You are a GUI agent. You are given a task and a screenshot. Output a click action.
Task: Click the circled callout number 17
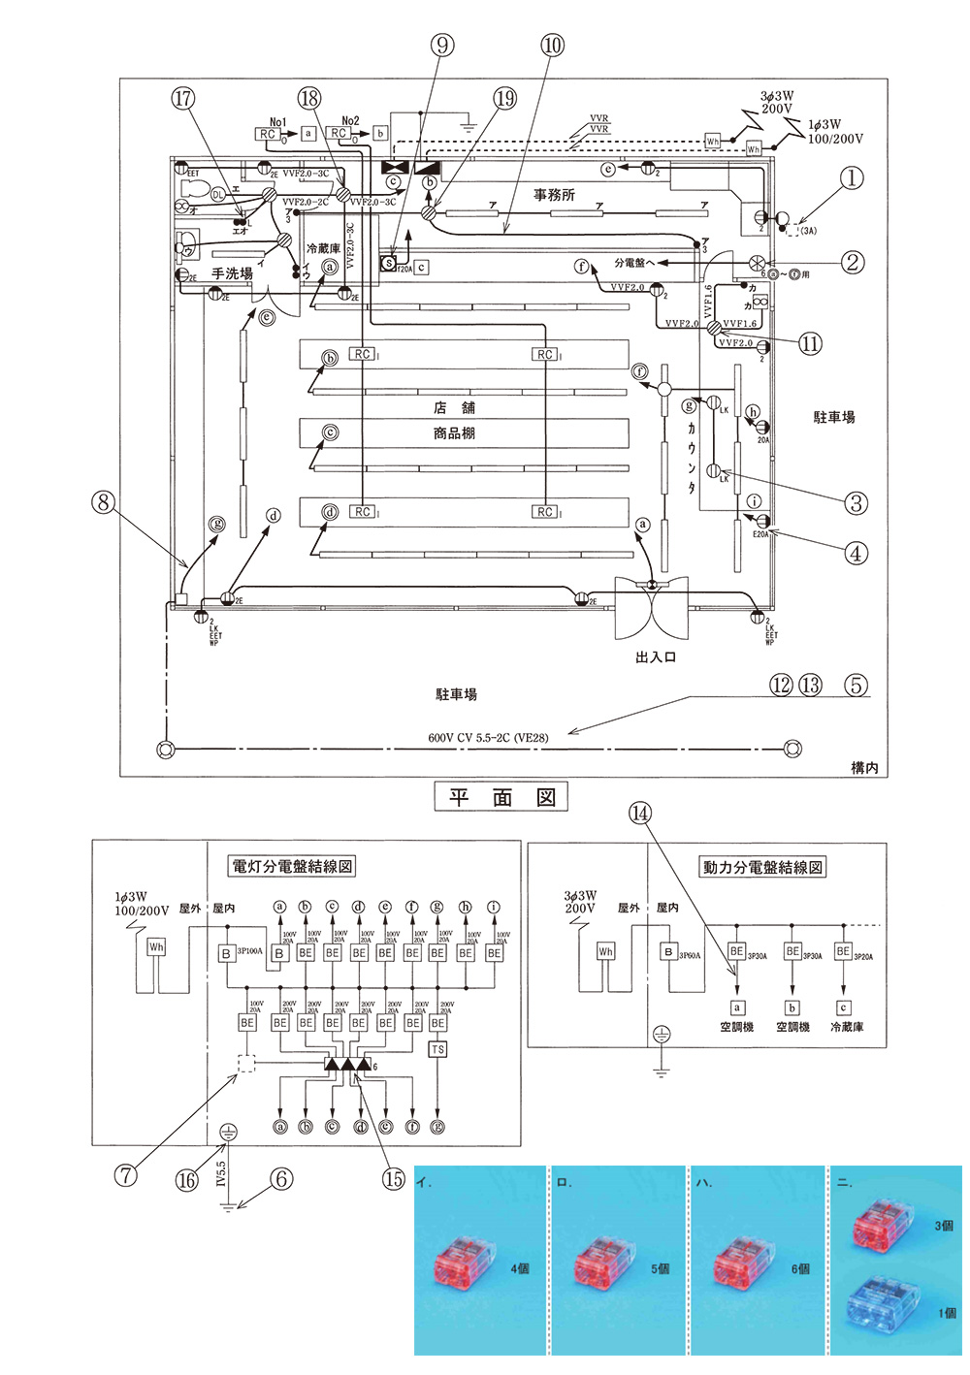tap(183, 98)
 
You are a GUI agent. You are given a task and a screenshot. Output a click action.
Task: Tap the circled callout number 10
tap(552, 45)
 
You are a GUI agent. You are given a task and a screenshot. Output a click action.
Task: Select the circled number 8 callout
tap(103, 502)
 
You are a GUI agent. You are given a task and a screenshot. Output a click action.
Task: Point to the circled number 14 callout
tap(640, 814)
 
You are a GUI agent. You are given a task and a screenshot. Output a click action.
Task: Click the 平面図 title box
tap(501, 798)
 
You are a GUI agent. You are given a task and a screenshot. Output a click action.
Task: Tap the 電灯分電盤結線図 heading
tap(292, 866)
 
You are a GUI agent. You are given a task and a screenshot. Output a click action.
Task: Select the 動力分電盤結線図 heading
tap(762, 867)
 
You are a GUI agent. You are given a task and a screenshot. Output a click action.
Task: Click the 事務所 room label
tap(554, 195)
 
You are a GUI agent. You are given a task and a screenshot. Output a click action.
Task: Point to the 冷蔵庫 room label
tap(323, 248)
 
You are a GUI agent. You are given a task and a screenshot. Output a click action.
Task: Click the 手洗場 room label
tap(232, 273)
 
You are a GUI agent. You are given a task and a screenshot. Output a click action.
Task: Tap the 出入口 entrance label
tap(656, 657)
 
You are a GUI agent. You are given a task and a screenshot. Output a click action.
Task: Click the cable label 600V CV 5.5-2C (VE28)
tap(488, 738)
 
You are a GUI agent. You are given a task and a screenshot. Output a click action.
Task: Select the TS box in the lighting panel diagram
tap(437, 1049)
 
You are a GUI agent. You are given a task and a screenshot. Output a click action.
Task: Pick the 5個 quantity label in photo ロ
tap(660, 1268)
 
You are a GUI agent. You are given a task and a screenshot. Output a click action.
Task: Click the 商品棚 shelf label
tap(454, 433)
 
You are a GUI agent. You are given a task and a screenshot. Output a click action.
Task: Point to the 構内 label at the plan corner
tap(863, 768)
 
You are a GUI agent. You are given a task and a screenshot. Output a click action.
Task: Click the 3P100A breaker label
tap(249, 951)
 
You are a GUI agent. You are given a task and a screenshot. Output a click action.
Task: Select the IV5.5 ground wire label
tap(221, 1174)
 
